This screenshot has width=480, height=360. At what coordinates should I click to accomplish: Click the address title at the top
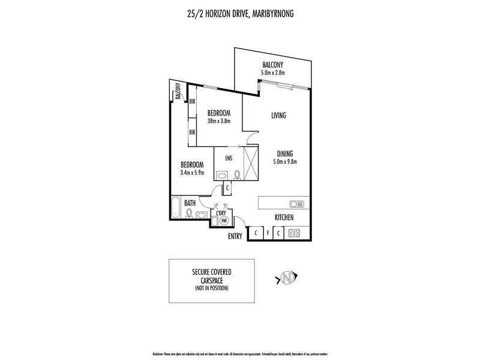point(239,10)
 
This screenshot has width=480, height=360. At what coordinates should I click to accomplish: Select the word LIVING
point(278,115)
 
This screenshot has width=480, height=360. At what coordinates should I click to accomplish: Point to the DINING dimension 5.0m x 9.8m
point(286,161)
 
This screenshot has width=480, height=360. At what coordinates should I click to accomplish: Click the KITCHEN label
point(284,218)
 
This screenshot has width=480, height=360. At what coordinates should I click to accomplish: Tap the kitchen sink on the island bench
point(296,203)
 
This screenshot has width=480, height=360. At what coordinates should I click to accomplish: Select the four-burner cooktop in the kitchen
point(295,233)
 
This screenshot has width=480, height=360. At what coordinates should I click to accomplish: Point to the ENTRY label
point(235,236)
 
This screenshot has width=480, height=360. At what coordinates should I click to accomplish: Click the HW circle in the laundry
point(224,221)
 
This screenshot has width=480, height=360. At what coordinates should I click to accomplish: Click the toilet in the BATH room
point(190,212)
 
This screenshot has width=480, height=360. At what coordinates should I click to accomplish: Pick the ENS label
point(229,159)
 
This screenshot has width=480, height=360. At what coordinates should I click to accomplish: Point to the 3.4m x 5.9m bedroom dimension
point(193,173)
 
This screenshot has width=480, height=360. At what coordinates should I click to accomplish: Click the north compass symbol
point(286,277)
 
